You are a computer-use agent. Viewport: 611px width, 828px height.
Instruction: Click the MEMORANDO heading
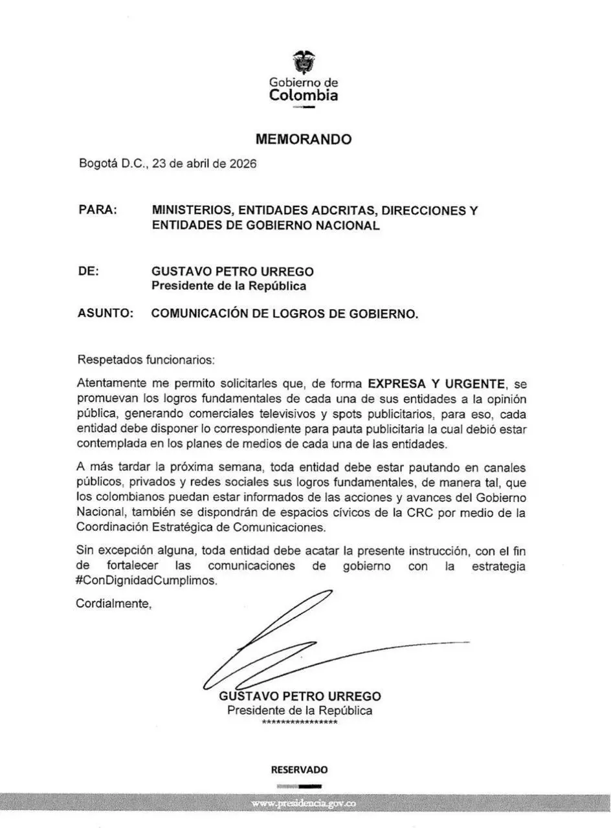tap(304, 139)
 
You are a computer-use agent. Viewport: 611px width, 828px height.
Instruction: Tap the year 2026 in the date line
tap(242, 164)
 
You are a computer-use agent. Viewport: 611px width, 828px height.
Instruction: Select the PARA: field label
tap(98, 210)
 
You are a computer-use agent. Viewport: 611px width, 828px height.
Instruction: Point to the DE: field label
tap(89, 271)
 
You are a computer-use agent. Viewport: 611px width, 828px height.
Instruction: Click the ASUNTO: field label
tap(106, 314)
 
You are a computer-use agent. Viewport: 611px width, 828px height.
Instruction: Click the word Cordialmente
tap(114, 604)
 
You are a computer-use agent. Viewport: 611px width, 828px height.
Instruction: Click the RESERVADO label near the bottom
tap(299, 770)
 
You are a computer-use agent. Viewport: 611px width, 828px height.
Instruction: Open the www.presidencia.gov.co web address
tap(304, 803)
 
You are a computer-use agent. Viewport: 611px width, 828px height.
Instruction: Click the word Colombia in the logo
tap(304, 96)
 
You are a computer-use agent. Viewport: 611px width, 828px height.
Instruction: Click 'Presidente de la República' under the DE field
tap(229, 286)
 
